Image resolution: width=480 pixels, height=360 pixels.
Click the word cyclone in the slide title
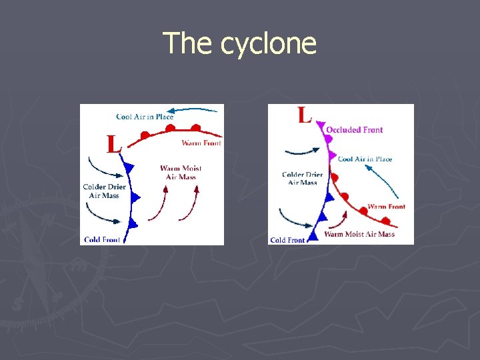click(x=268, y=44)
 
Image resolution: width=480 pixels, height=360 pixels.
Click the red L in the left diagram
click(x=114, y=143)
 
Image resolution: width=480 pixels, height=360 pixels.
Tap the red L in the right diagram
click(x=304, y=115)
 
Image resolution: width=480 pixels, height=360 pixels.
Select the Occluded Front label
click(x=354, y=130)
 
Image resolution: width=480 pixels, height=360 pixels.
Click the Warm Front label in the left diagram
click(x=201, y=143)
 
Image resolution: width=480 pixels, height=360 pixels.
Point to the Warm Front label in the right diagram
click(x=386, y=207)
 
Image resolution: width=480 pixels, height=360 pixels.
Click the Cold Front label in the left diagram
click(x=102, y=239)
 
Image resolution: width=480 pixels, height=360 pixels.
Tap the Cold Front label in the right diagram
click(x=288, y=240)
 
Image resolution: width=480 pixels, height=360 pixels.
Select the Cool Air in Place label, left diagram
click(x=145, y=117)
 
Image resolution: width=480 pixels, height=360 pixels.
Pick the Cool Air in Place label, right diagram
click(x=365, y=159)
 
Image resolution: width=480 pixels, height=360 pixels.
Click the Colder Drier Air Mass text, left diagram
click(x=104, y=191)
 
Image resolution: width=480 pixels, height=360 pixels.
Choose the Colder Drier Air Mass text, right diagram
click(x=302, y=179)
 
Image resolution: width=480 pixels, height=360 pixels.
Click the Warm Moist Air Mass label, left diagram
click(x=181, y=172)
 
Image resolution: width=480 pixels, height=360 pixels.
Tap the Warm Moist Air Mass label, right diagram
click(x=359, y=234)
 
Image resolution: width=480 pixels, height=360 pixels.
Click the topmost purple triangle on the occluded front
click(x=321, y=125)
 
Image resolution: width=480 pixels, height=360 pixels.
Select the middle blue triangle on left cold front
click(x=135, y=197)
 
